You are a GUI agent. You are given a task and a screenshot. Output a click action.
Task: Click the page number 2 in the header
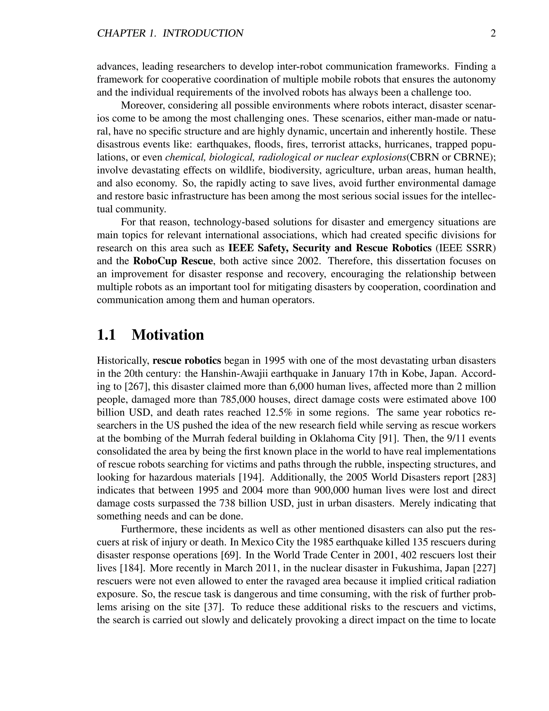pyautogui.click(x=493, y=33)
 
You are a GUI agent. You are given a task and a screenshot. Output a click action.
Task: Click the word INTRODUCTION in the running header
pyautogui.click(x=203, y=33)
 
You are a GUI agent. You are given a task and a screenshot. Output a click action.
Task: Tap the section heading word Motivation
pyautogui.click(x=168, y=335)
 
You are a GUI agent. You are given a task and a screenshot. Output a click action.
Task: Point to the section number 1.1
pyautogui.click(x=106, y=335)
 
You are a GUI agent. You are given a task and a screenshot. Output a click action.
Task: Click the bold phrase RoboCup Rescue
pyautogui.click(x=173, y=261)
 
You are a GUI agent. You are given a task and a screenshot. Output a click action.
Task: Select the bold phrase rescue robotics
pyautogui.click(x=187, y=361)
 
